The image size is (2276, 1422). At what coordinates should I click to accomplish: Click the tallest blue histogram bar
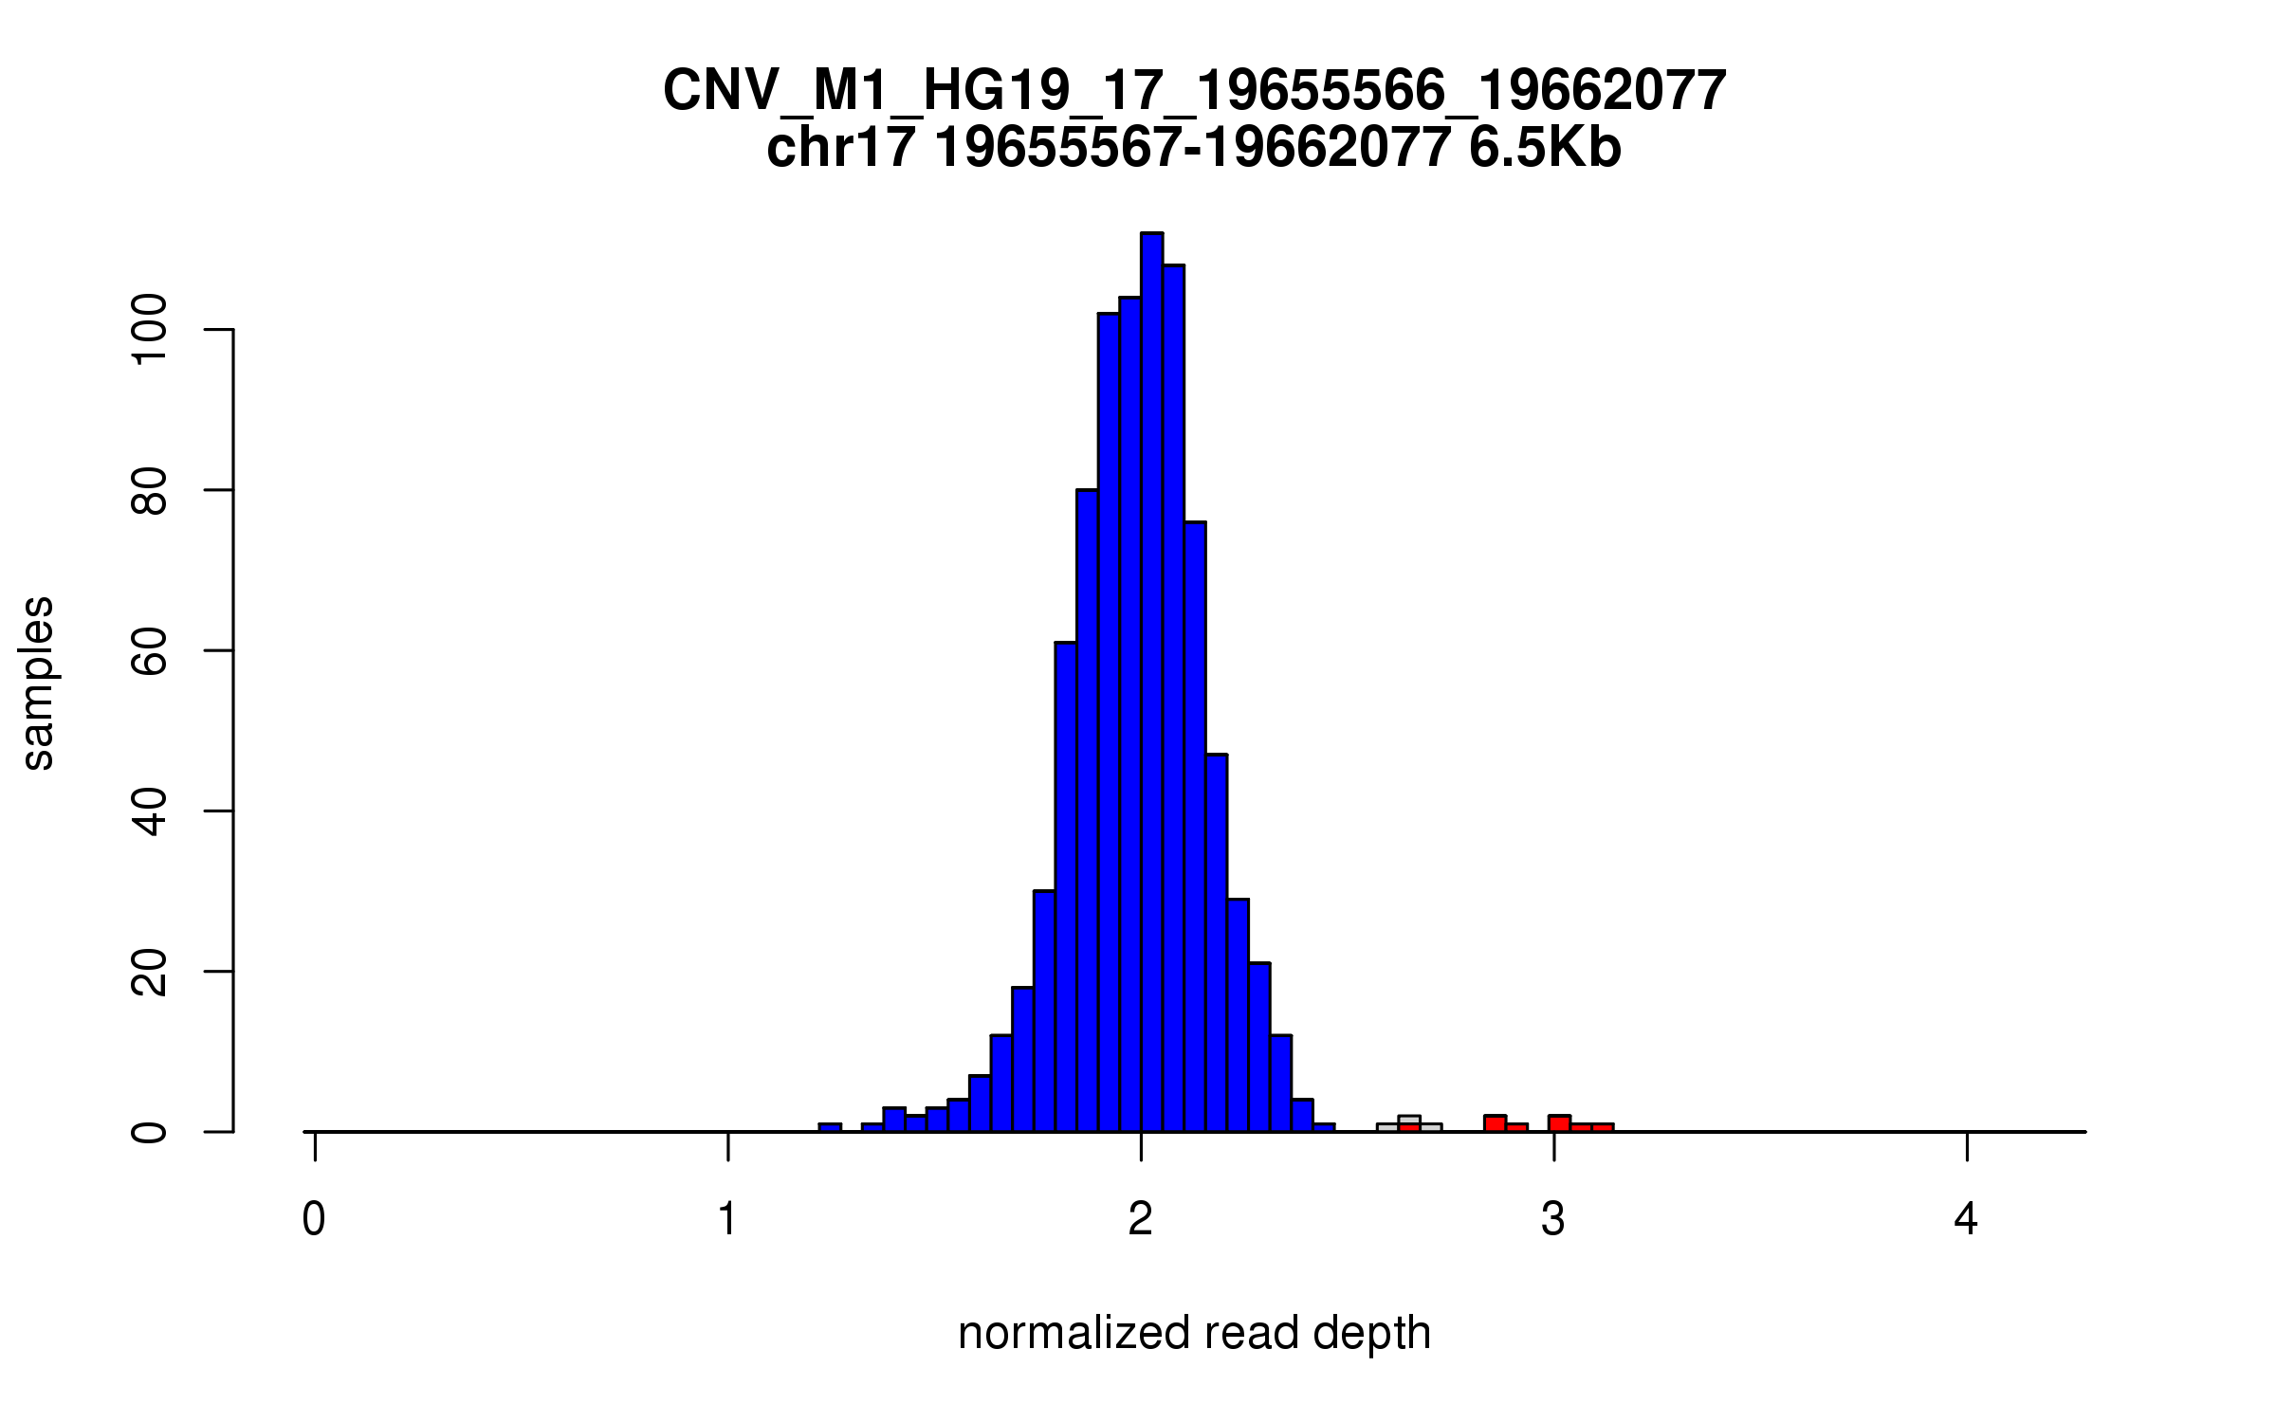1151,683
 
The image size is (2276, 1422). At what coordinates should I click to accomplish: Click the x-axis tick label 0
314,1219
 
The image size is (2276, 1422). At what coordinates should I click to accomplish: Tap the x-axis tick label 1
727,1219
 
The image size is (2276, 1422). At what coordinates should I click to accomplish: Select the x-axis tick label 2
1140,1219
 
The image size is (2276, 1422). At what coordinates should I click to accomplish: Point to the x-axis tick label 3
1553,1219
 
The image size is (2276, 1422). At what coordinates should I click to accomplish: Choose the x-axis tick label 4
1966,1219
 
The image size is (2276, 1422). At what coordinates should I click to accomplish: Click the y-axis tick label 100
150,329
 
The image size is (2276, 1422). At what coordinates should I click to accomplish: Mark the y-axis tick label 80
150,490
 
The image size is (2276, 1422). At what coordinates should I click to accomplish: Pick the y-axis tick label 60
150,650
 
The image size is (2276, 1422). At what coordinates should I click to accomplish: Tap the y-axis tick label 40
150,811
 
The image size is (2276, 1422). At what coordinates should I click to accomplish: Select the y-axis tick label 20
150,972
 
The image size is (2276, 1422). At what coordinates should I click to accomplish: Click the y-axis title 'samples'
38,683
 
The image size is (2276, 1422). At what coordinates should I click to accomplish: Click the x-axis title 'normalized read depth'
1194,1333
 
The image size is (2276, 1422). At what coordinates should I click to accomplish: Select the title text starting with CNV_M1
1194,91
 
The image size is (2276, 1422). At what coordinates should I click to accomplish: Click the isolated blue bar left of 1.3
830,1127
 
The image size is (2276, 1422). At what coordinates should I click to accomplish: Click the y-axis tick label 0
150,1132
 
